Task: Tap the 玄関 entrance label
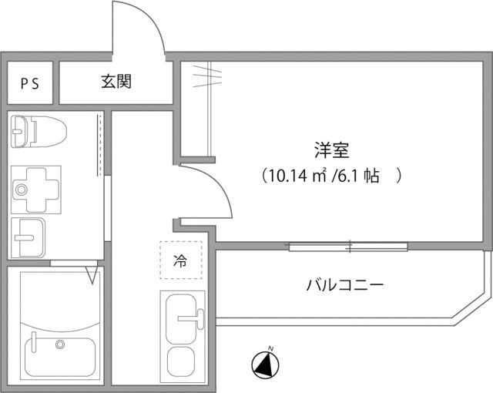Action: coord(116,82)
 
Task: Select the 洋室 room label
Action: coord(329,149)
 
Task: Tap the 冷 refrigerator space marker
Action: coord(179,260)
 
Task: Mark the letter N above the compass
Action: coord(270,348)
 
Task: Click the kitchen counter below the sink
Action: coord(181,360)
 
